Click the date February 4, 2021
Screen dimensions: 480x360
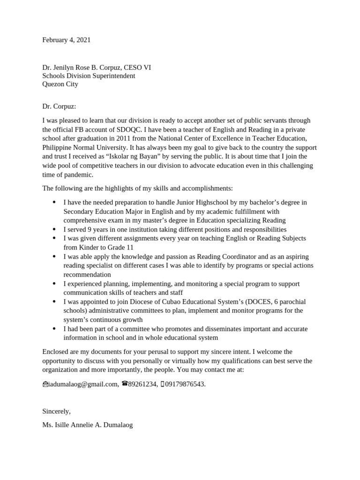tap(66, 40)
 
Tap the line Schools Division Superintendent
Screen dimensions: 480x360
tap(89, 76)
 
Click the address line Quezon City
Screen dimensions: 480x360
tap(60, 84)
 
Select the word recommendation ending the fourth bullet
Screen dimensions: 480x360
tap(87, 275)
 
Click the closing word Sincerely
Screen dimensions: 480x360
tap(56, 411)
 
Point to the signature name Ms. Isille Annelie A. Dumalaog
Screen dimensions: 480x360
tap(87, 426)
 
